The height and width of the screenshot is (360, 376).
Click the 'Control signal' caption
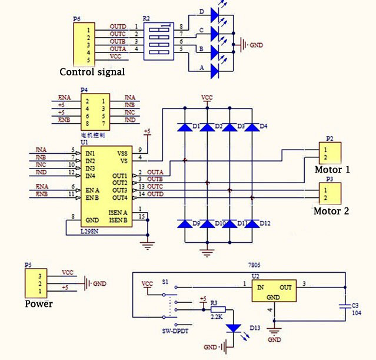point(92,72)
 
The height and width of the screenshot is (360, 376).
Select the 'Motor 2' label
point(331,210)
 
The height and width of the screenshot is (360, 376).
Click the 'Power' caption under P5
point(39,304)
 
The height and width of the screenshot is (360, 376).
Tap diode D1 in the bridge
point(185,127)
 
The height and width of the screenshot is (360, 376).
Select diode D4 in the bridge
point(252,127)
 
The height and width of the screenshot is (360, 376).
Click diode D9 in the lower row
point(185,224)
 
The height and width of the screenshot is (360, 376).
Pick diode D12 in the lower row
point(252,224)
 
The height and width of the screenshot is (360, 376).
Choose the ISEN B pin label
point(118,220)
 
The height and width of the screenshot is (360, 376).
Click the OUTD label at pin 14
point(155,194)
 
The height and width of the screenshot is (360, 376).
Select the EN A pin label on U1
point(92,190)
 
